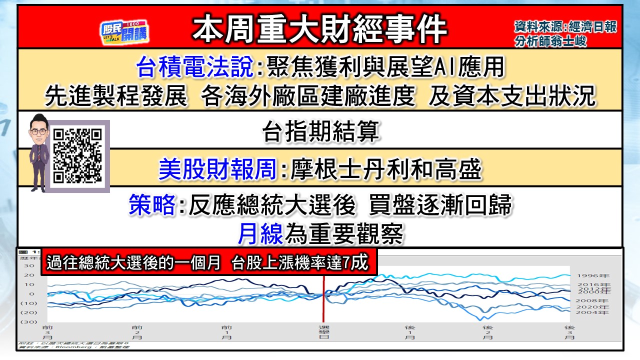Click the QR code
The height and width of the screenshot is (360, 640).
pyautogui.click(x=77, y=155)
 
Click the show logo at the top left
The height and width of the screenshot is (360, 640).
pyautogui.click(x=124, y=32)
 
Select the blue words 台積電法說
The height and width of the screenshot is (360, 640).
pyautogui.click(x=195, y=67)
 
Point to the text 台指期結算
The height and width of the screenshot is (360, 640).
pyautogui.click(x=320, y=133)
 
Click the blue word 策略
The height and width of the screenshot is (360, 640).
pyautogui.click(x=152, y=205)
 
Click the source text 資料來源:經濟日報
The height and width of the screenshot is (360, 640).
pyautogui.click(x=565, y=26)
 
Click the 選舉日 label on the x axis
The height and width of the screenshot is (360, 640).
pyautogui.click(x=323, y=332)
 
